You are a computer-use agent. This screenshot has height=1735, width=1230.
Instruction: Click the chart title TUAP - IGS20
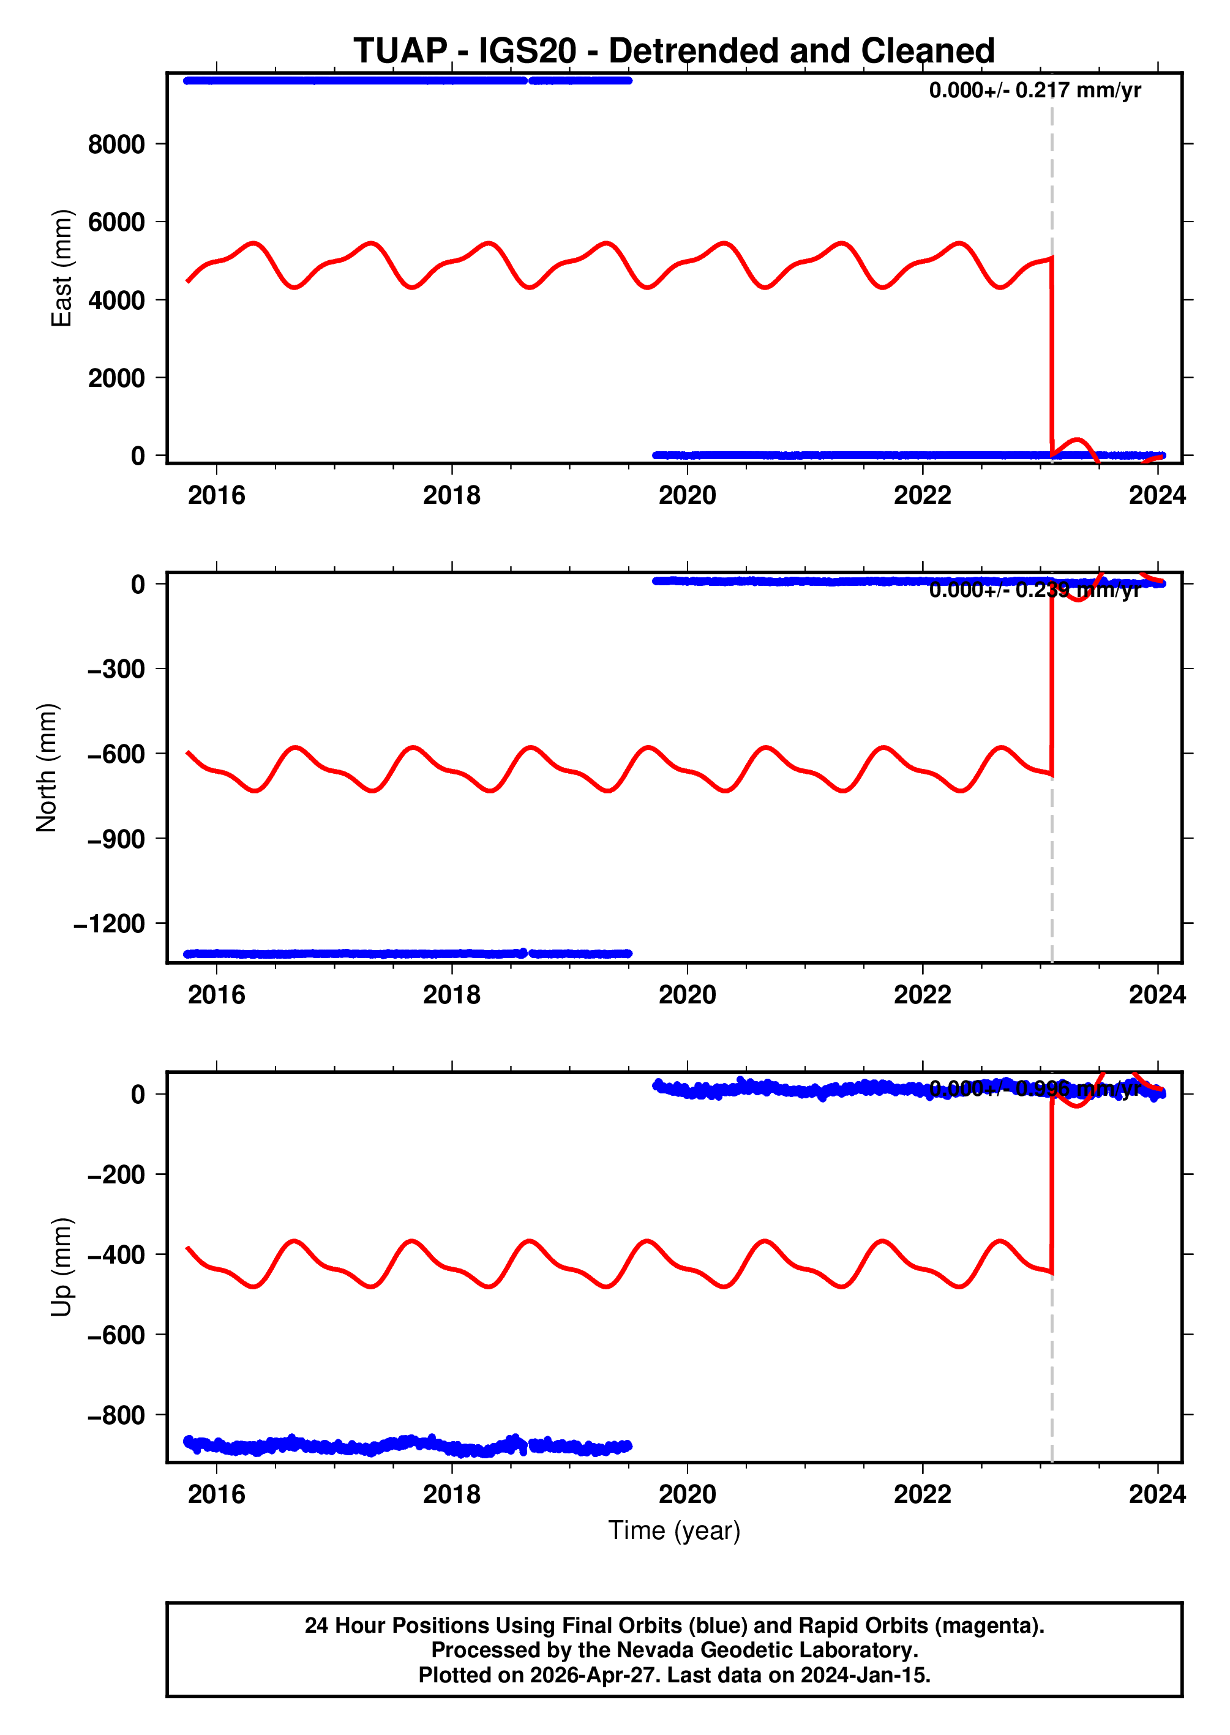(673, 51)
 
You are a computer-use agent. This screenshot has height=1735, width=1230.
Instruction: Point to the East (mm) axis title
(61, 268)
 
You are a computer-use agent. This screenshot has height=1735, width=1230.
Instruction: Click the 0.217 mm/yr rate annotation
(1035, 90)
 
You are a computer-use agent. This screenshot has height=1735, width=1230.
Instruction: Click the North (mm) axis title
(47, 767)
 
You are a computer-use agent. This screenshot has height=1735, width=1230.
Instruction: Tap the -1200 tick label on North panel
(109, 924)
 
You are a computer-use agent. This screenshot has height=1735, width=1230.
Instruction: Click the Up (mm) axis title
(61, 1267)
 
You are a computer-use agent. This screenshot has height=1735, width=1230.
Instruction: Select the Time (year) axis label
(674, 1531)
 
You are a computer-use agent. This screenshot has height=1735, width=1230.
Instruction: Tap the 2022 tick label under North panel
(922, 994)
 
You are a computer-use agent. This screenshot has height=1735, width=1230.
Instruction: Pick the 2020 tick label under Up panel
(687, 1494)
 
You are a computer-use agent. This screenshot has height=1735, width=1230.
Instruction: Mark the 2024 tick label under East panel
(1157, 495)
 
